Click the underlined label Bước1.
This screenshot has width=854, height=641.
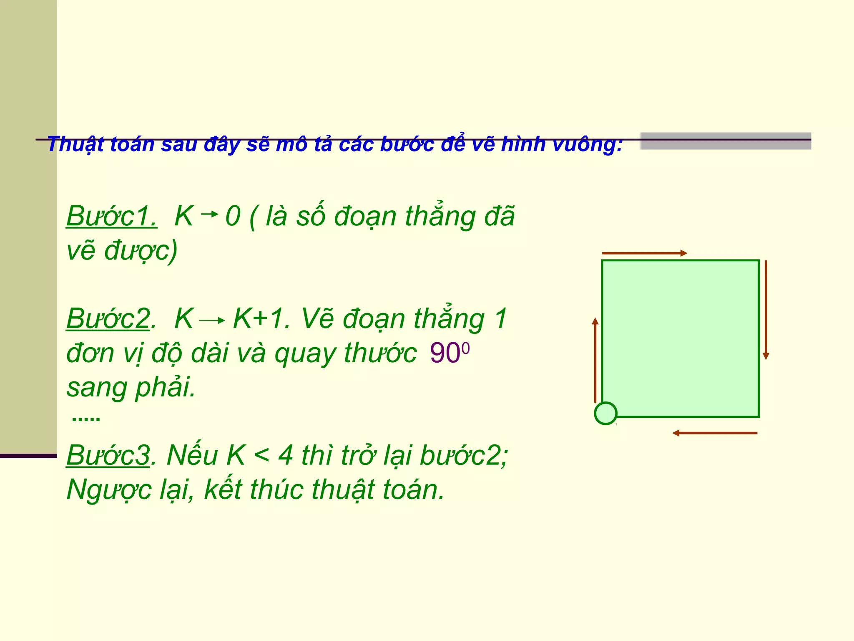(x=111, y=216)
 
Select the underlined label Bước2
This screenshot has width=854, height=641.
(x=108, y=319)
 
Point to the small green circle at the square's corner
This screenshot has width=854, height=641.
(x=605, y=413)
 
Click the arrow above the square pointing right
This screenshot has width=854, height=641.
(x=644, y=253)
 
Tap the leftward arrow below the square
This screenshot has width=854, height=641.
(x=715, y=433)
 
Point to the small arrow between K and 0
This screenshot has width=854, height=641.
(x=209, y=215)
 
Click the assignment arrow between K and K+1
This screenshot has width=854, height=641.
(x=212, y=320)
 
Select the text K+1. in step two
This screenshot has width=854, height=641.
(x=261, y=319)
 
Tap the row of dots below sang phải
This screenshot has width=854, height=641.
(x=86, y=419)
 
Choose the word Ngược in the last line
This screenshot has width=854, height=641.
(x=109, y=490)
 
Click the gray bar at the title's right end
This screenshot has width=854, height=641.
(x=726, y=141)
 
